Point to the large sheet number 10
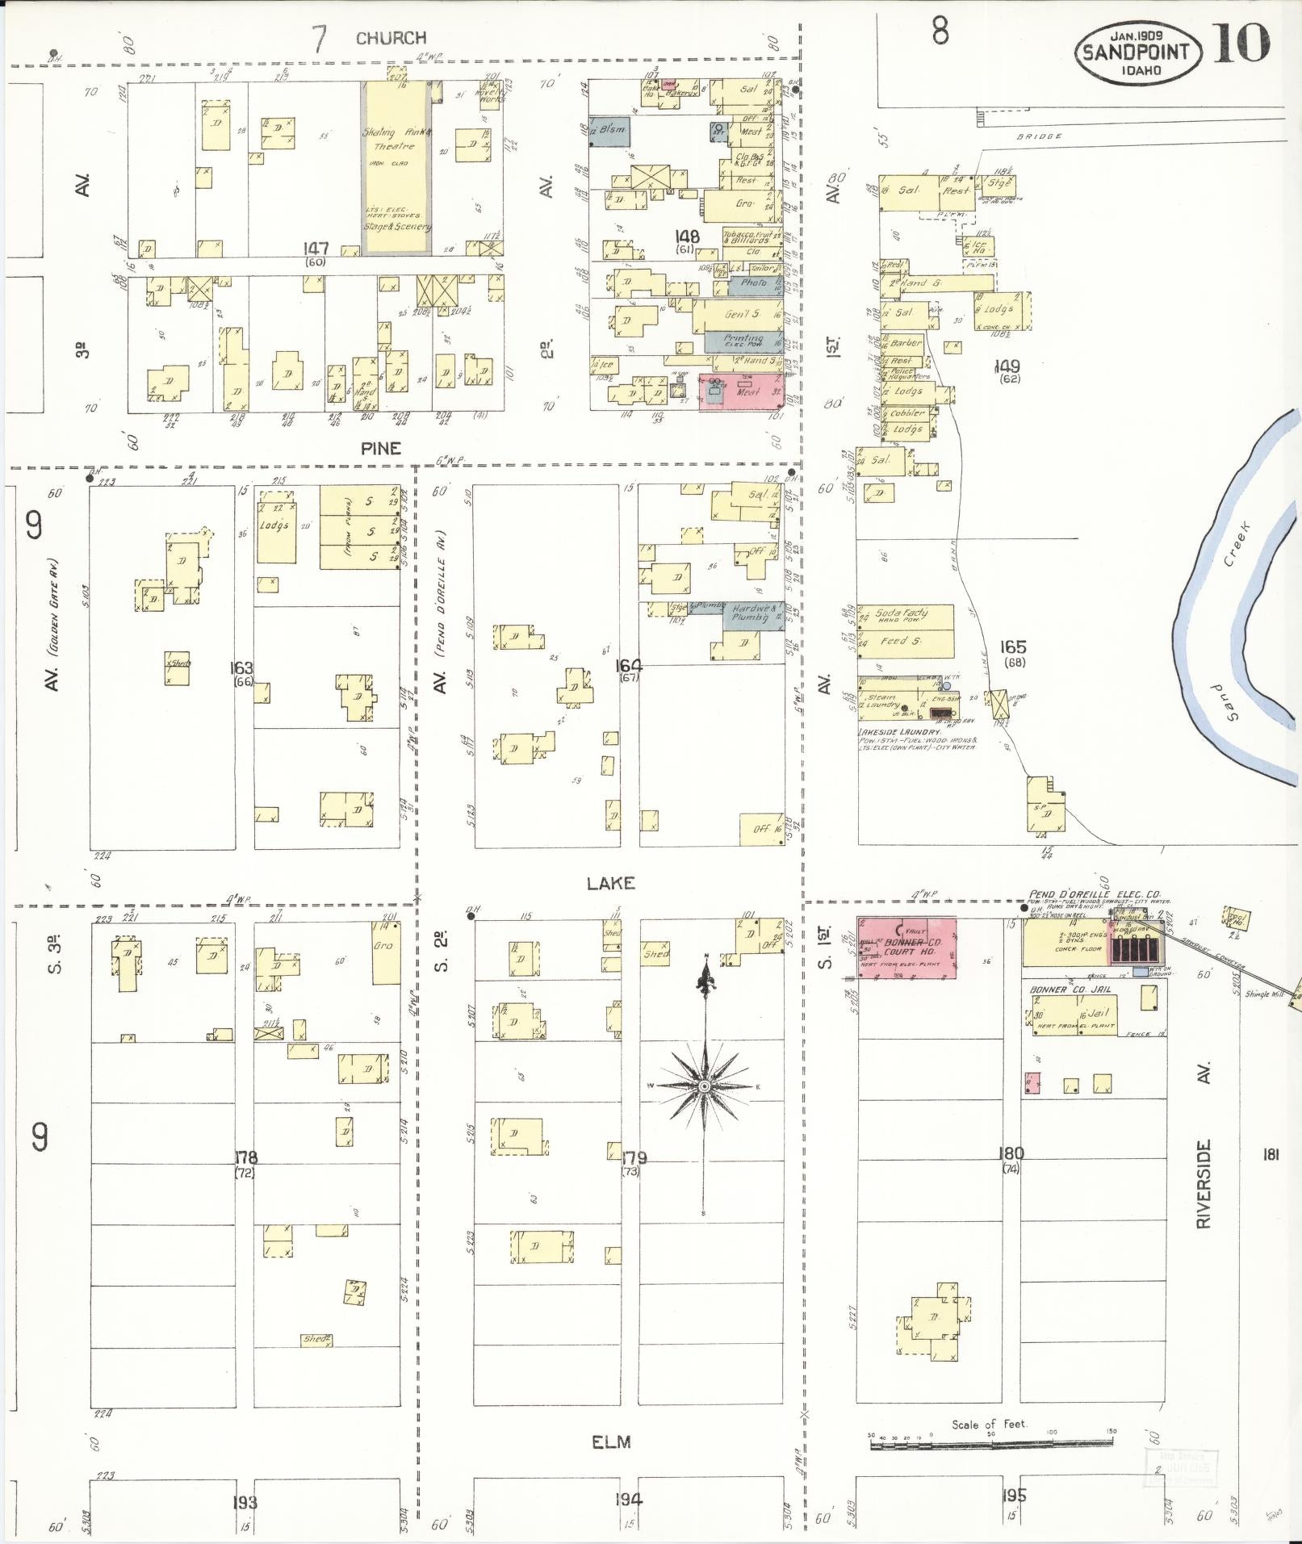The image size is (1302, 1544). (1240, 44)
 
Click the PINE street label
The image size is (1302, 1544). (381, 449)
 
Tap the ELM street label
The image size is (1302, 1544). (611, 1441)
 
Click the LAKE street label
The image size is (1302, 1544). (611, 884)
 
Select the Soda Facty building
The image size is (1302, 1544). (904, 616)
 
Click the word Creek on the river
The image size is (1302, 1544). (1236, 542)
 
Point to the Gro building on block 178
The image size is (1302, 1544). (385, 952)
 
